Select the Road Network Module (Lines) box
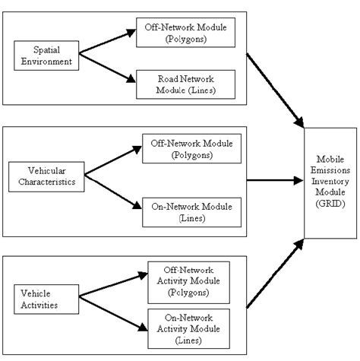(x=184, y=82)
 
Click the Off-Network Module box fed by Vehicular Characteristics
(x=190, y=147)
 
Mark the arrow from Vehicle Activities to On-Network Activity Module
(x=114, y=312)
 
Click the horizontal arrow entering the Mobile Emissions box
(x=273, y=181)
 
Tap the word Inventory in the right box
(x=331, y=182)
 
